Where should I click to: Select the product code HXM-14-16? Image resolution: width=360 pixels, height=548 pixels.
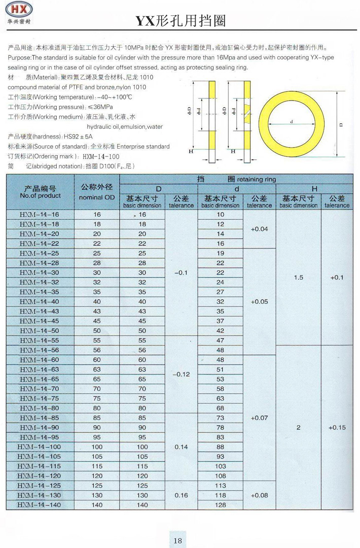click(x=39, y=215)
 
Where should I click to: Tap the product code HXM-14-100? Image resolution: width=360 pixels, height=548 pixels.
click(x=39, y=447)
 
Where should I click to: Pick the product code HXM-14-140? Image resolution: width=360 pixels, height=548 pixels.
click(x=39, y=505)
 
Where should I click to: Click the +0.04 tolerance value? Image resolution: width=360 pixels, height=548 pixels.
click(x=259, y=229)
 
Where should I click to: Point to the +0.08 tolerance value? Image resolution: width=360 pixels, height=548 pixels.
click(x=259, y=495)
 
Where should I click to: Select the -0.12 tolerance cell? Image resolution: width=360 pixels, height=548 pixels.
click(x=181, y=374)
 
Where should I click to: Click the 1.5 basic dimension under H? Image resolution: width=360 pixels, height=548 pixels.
click(x=299, y=278)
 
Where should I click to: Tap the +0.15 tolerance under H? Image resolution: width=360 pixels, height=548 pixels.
click(x=337, y=427)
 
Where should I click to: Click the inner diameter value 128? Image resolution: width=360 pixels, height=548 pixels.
click(x=220, y=505)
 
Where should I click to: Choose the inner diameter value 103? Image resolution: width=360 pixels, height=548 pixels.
click(x=220, y=466)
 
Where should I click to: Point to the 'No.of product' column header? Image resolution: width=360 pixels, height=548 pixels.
click(x=40, y=195)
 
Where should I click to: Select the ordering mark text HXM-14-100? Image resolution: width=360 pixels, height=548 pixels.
click(x=100, y=156)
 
